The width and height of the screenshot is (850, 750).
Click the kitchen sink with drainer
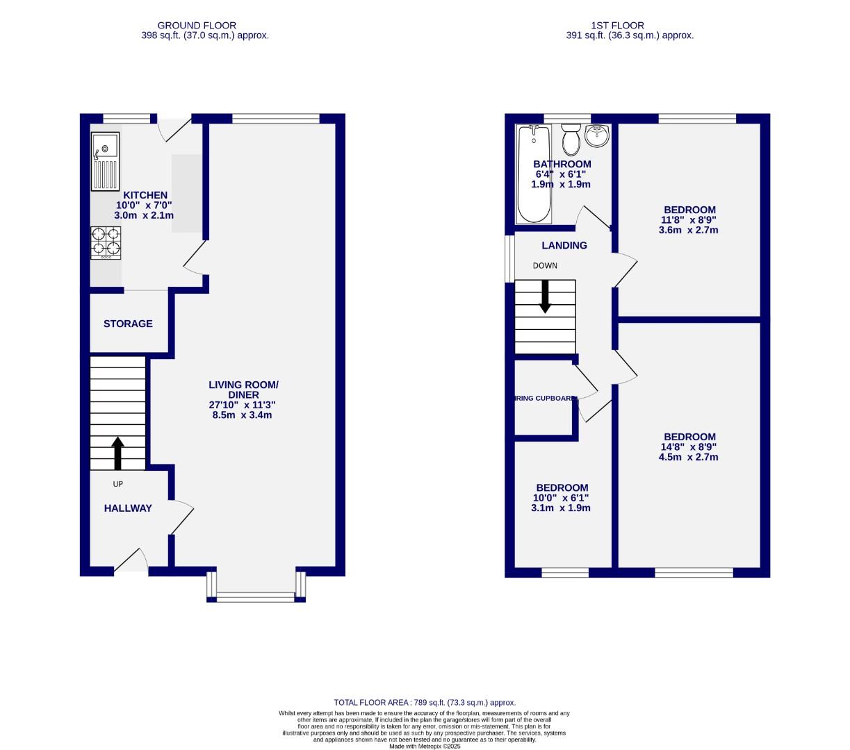[x=105, y=162]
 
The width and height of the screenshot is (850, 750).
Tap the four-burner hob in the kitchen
[x=105, y=242]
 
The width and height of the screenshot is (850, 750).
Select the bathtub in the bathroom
[x=534, y=174]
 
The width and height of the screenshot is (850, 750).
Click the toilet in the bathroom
[x=571, y=140]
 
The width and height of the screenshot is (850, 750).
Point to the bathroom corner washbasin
[x=597, y=135]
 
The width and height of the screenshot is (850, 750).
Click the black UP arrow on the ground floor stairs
[x=117, y=453]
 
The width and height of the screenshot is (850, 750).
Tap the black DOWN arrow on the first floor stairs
[x=545, y=296]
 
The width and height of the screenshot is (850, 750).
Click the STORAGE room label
[x=128, y=324]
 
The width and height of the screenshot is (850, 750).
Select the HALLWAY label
[x=128, y=508]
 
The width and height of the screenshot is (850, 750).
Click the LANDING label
[x=564, y=245]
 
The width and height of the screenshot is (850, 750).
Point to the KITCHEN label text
[x=145, y=195]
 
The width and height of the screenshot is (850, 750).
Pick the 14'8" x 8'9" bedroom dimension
[x=689, y=447]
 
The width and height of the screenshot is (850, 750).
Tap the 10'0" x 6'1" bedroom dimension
[x=562, y=498]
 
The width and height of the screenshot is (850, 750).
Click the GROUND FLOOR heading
[x=197, y=26]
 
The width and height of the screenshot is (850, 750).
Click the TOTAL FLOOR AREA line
[x=425, y=703]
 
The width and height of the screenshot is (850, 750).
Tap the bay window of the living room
[x=256, y=595]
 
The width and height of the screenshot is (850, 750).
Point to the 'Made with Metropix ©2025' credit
[x=425, y=747]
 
